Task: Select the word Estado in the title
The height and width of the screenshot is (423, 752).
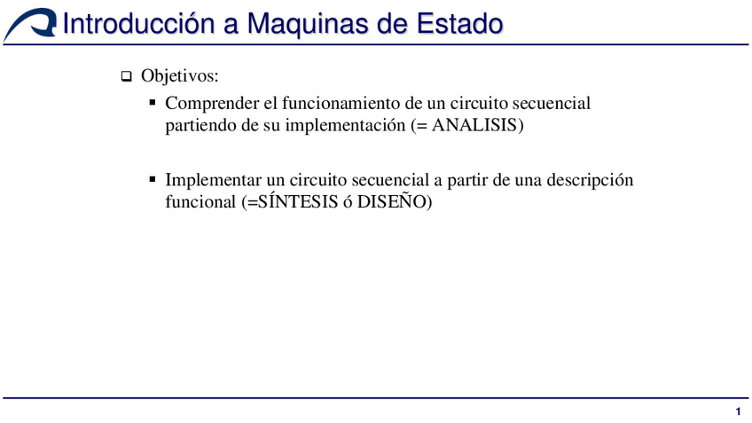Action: tap(461, 23)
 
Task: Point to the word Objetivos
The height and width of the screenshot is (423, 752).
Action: tap(179, 76)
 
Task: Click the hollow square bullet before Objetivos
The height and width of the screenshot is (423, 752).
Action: tap(126, 77)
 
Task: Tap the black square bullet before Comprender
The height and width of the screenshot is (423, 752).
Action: tap(153, 103)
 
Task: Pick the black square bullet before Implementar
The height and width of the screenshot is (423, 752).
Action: tap(153, 179)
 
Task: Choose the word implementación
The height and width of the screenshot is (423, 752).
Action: tap(345, 126)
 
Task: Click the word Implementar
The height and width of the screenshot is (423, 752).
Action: tap(213, 180)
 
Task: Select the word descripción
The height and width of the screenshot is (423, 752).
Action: tap(590, 180)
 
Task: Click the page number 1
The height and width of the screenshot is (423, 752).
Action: tap(738, 411)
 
